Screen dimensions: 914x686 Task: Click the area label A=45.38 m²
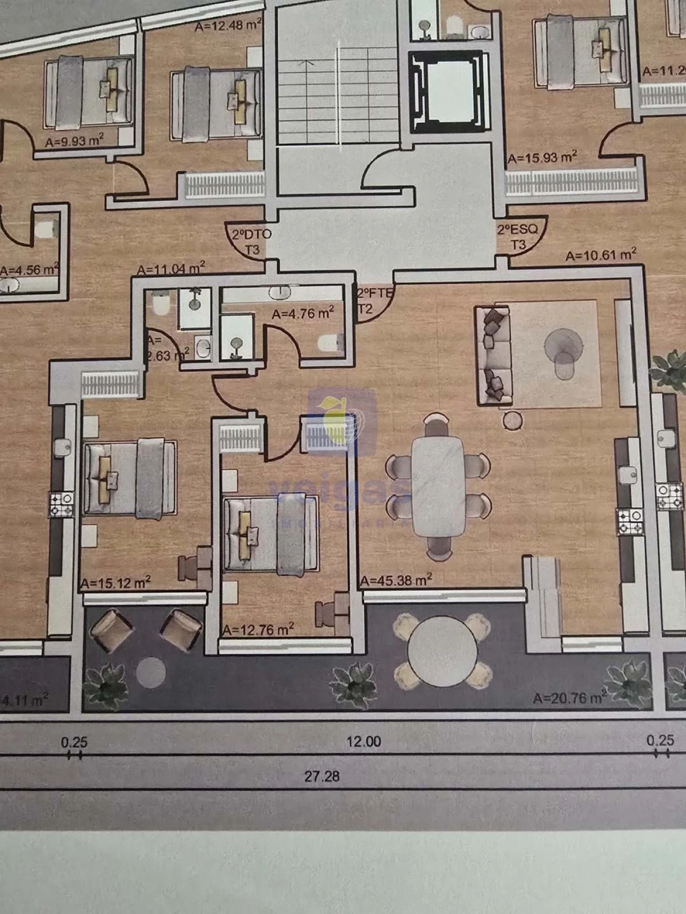[396, 580]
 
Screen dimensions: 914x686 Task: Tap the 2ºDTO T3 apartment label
[251, 241]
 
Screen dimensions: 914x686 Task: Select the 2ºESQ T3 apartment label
[517, 237]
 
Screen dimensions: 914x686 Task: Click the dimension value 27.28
[322, 776]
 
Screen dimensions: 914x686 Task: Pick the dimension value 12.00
[363, 742]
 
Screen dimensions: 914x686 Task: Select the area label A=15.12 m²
[115, 583]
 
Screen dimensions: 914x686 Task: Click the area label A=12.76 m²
[258, 630]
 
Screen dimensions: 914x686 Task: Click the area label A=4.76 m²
[303, 313]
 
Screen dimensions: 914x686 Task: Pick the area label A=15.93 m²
[542, 158]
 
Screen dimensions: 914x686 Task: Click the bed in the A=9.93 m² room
[88, 92]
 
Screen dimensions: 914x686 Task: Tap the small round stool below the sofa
[512, 420]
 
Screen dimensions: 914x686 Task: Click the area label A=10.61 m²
[601, 255]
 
